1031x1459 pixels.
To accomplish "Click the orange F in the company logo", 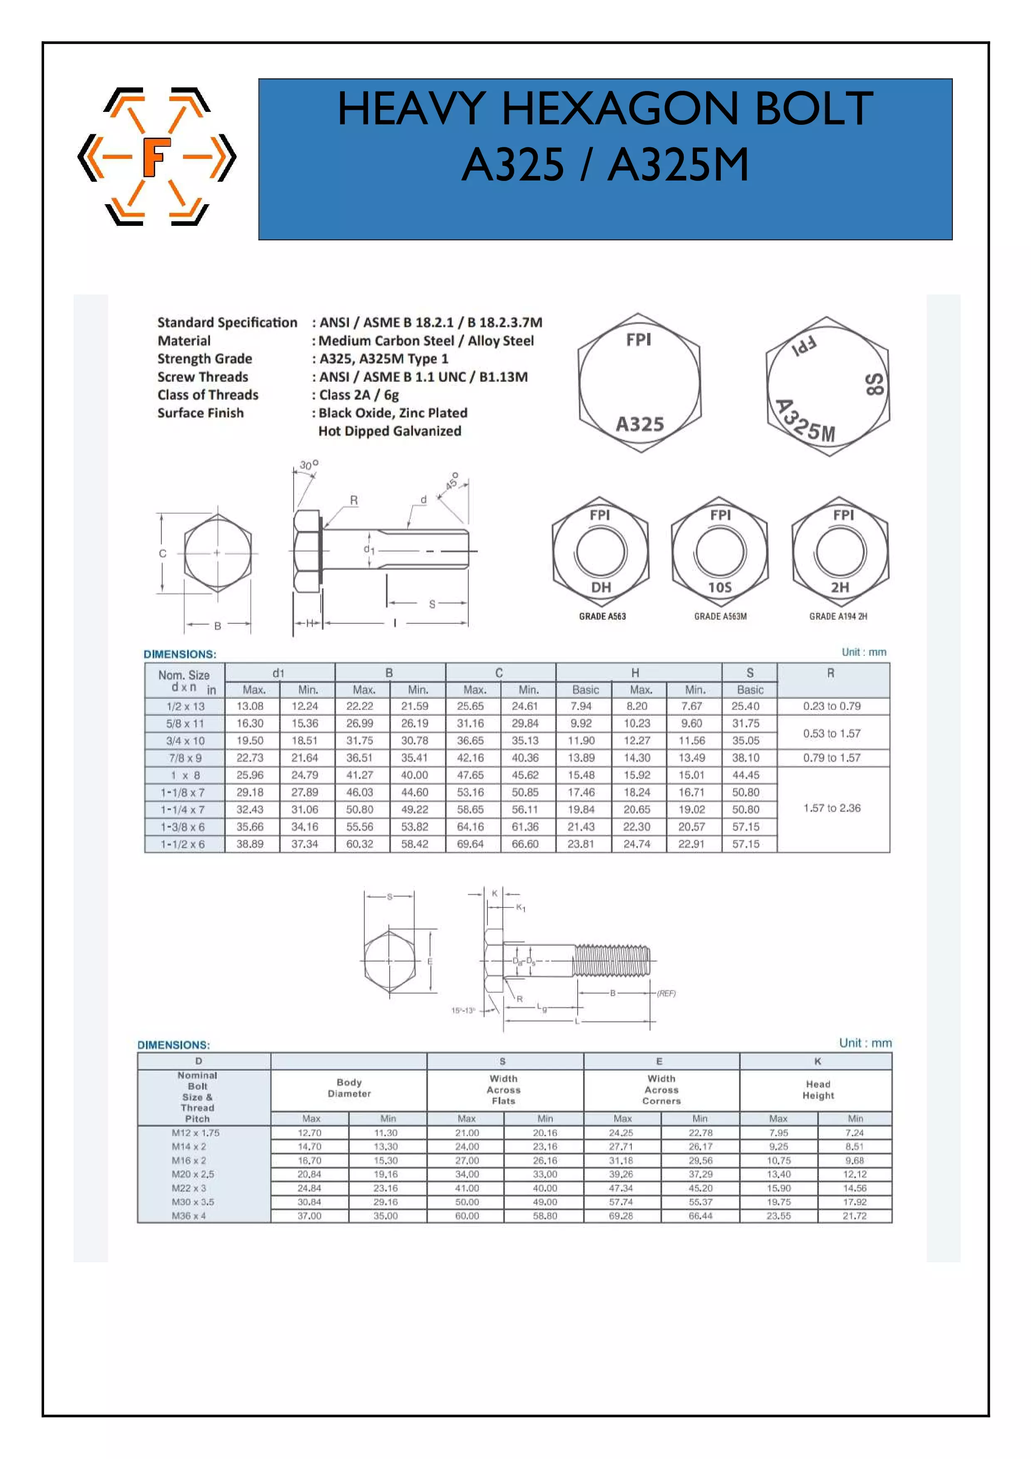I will (x=156, y=156).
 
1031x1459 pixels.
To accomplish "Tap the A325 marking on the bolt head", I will (x=640, y=424).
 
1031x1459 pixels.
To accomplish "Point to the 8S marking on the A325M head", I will (x=874, y=384).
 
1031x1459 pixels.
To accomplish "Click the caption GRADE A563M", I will (x=720, y=616).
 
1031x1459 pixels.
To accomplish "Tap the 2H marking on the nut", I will (x=839, y=587).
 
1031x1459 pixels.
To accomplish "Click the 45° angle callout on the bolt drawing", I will (x=452, y=481).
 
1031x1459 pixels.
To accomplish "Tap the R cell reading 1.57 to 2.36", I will (x=831, y=808).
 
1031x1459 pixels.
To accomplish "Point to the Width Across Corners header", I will (x=661, y=1089).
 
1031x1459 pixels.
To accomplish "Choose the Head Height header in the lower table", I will (x=818, y=1089).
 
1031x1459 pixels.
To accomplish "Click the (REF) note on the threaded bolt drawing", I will (x=666, y=993).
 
